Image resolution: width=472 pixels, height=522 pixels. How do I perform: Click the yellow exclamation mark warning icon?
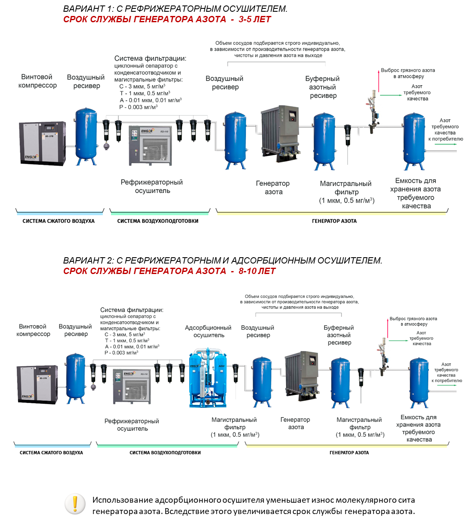(75, 504)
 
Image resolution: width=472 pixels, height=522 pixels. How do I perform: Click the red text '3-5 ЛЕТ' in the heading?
(255, 19)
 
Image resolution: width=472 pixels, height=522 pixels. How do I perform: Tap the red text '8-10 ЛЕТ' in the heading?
(257, 271)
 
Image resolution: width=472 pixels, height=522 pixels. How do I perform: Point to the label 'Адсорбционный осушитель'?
(208, 331)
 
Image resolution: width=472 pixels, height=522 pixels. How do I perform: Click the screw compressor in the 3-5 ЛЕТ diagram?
(42, 143)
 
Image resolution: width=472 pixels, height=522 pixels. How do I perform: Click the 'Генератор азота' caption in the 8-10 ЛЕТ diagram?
(295, 423)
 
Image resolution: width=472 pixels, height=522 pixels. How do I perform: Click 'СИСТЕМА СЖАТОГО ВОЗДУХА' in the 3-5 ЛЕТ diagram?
(58, 221)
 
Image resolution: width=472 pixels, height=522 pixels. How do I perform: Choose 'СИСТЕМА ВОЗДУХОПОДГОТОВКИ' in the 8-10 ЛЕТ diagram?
(165, 453)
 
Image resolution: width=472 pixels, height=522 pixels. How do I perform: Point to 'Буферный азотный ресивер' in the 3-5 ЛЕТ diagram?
(323, 87)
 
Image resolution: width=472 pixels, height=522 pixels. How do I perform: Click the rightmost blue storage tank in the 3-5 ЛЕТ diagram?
(415, 141)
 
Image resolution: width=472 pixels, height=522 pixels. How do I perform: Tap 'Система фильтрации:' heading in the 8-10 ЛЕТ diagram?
(132, 310)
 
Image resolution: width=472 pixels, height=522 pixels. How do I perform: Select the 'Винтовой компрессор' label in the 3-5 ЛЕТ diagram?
(37, 81)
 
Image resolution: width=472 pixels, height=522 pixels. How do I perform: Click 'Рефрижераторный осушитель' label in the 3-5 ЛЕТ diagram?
(152, 186)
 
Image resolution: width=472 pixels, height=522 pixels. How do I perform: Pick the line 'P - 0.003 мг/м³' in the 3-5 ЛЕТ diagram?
(138, 107)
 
